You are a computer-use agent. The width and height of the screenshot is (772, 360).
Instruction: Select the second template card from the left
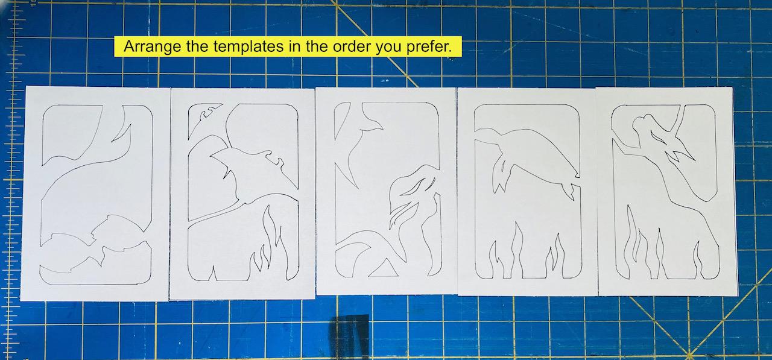242,193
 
